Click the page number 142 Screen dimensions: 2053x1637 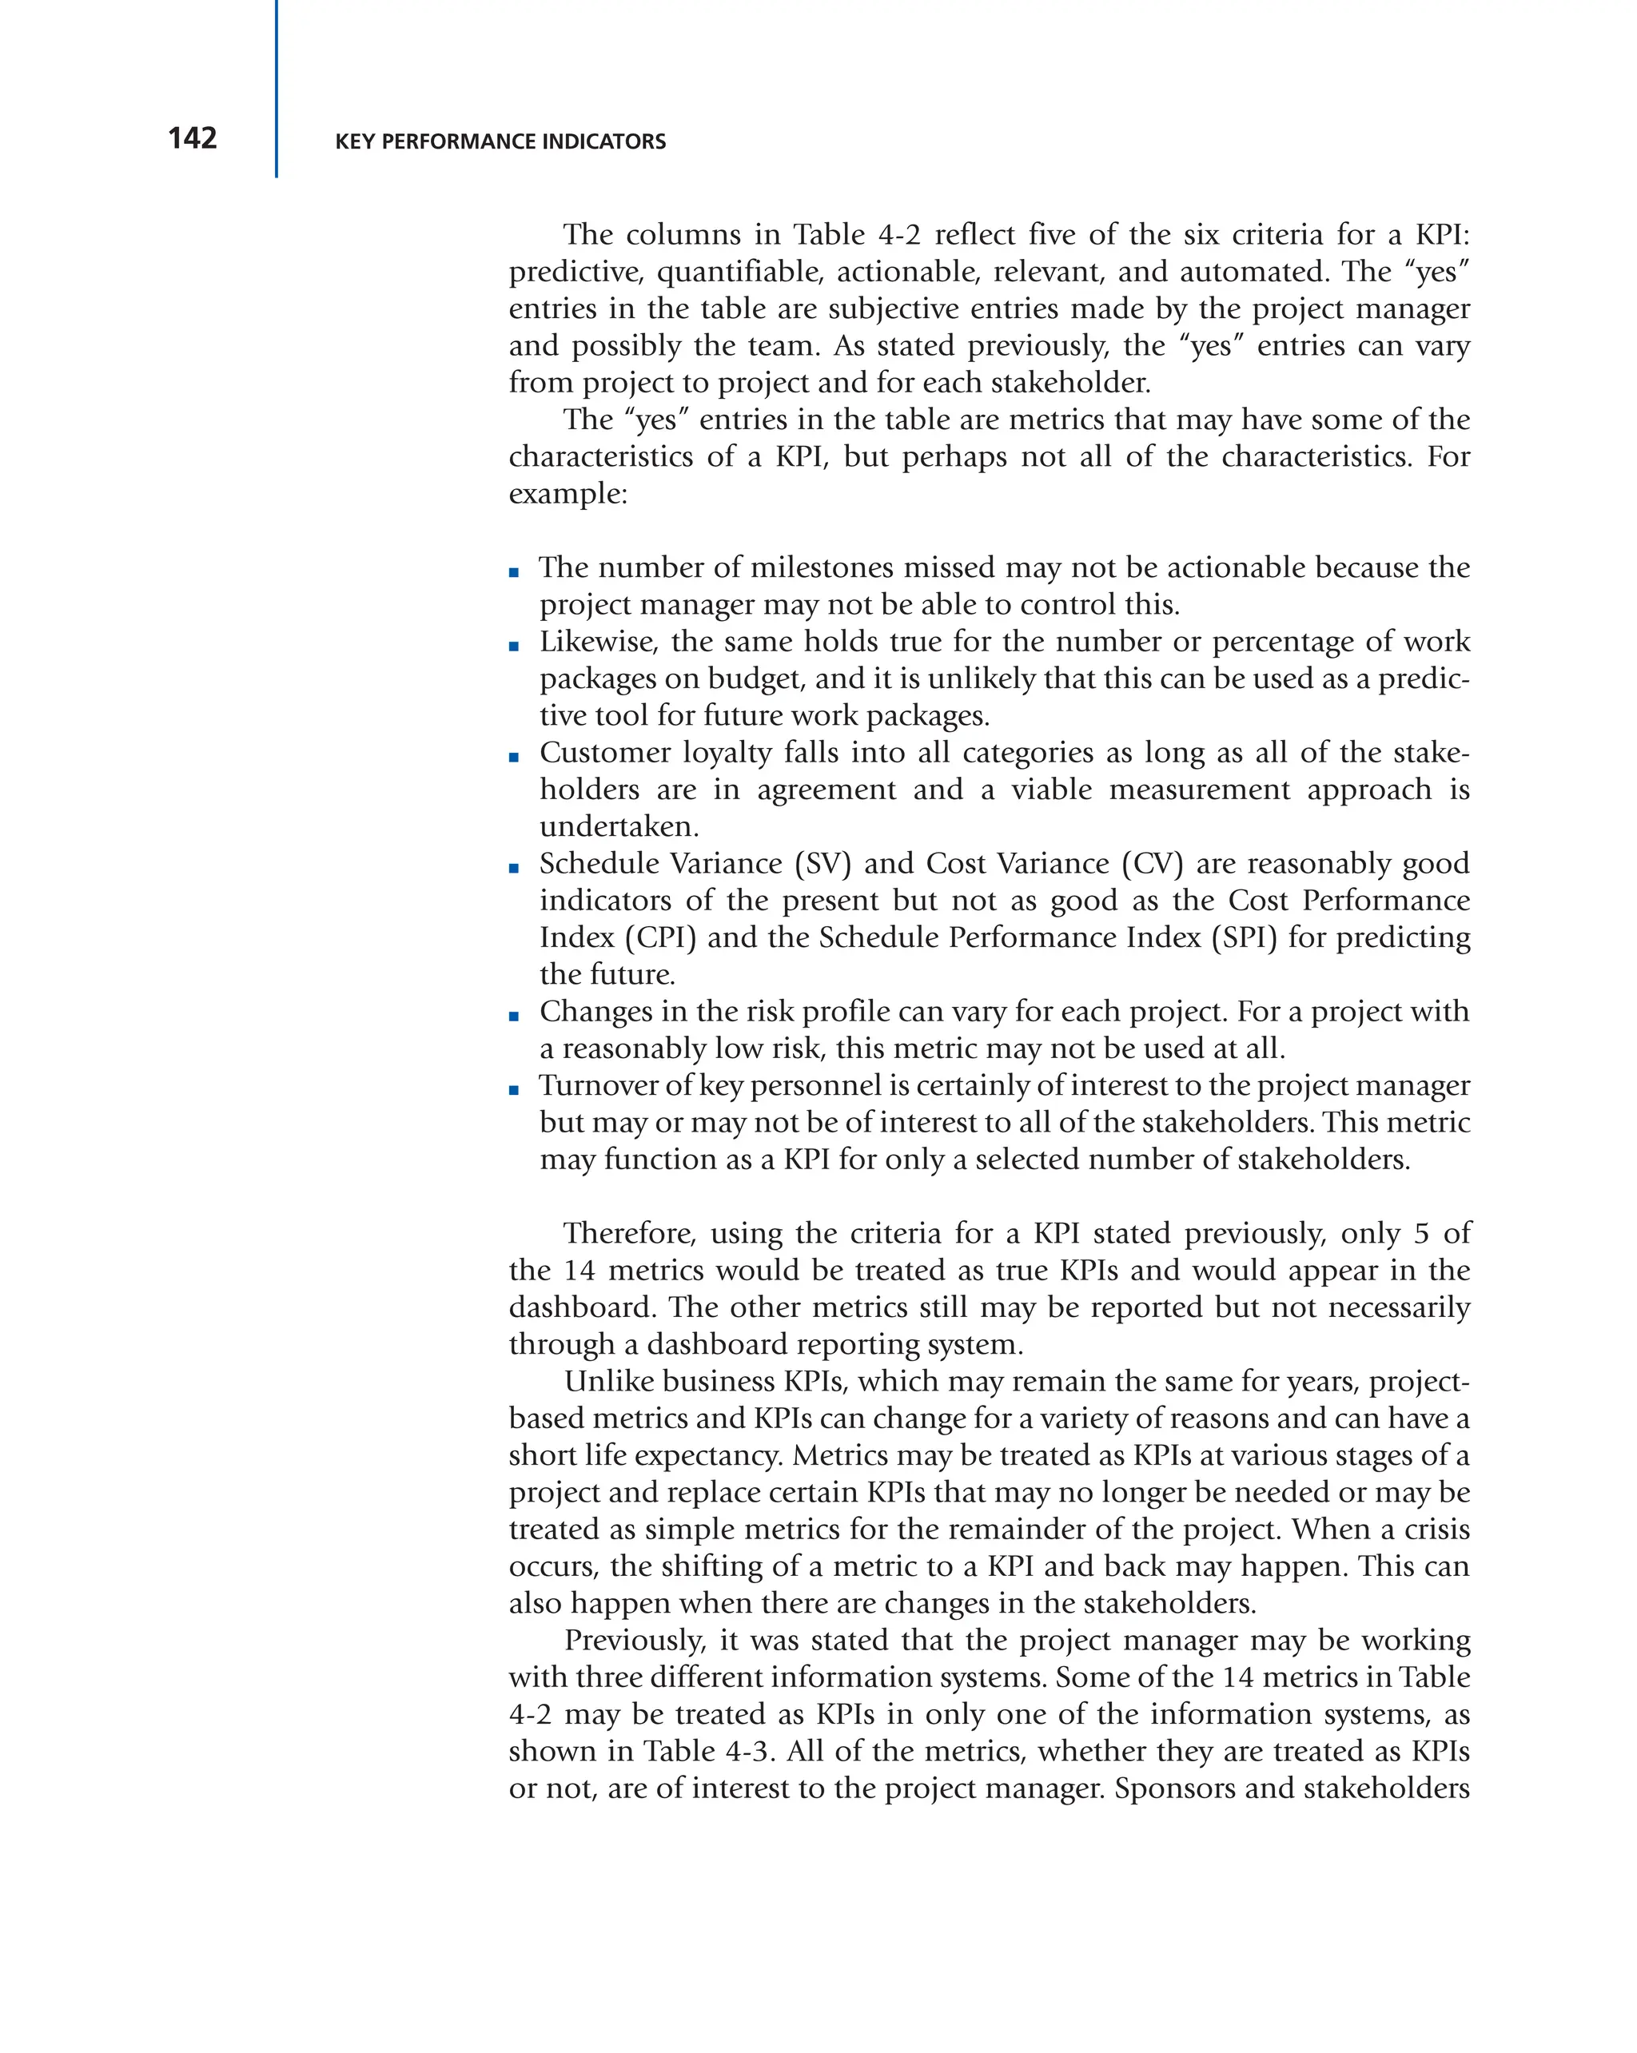(x=193, y=138)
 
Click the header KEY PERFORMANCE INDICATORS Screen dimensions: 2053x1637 (x=500, y=142)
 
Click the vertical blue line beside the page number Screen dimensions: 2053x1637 (x=277, y=89)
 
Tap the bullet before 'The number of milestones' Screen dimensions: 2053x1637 (x=514, y=572)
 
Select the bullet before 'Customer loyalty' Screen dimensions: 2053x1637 (x=514, y=758)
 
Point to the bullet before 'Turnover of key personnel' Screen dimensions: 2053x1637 (x=514, y=1090)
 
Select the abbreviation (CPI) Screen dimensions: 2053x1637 (x=660, y=938)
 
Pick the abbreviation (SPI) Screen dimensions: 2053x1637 (x=1245, y=938)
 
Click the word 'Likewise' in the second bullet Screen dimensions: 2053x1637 (x=598, y=642)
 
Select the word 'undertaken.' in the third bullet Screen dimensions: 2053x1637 (x=619, y=826)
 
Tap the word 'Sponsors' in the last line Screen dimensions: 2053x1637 (x=1175, y=1788)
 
